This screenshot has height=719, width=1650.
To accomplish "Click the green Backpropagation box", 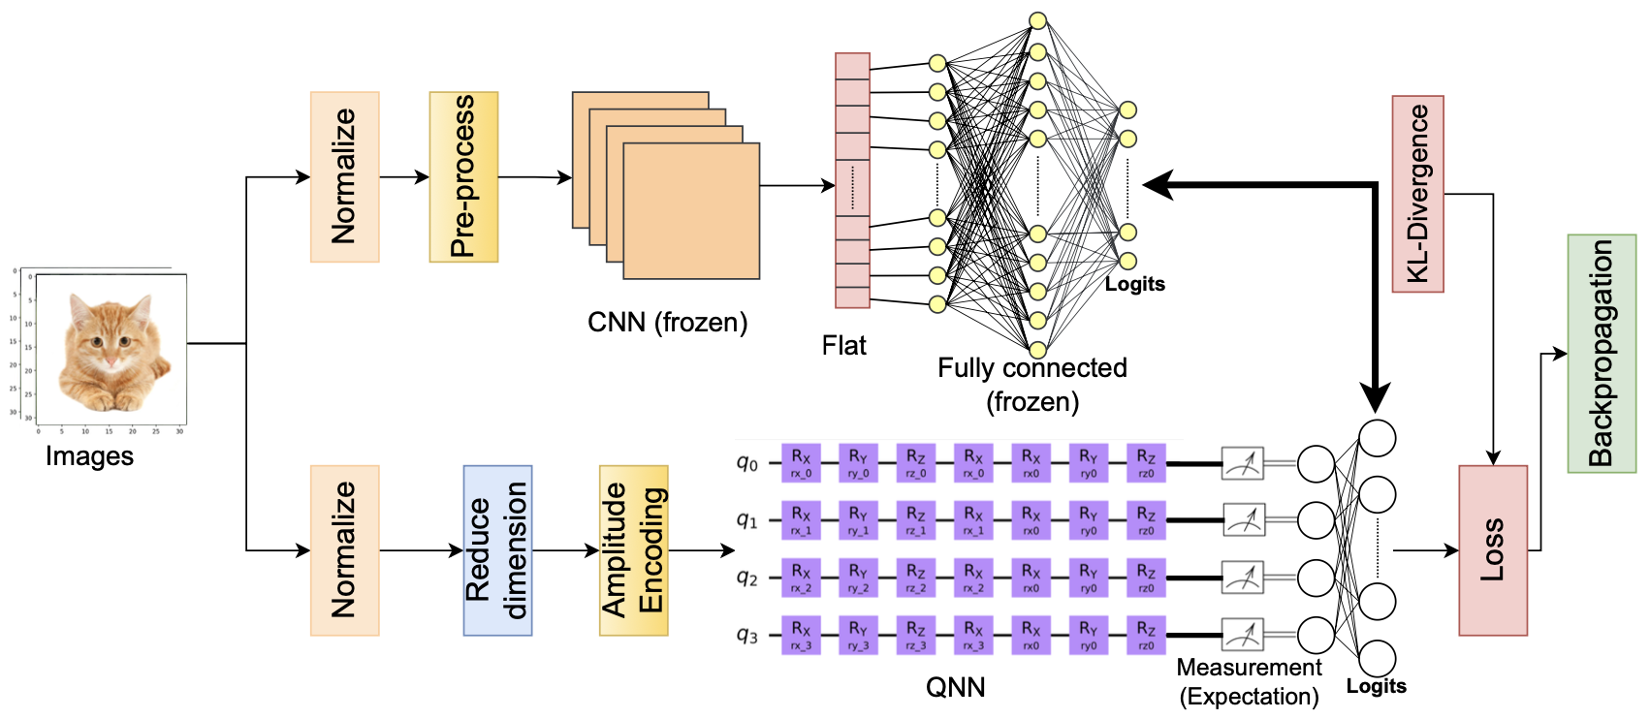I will click(x=1601, y=354).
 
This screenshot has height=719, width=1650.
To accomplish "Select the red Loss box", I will click(x=1492, y=550).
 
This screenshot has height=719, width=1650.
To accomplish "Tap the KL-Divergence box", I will click(x=1417, y=194).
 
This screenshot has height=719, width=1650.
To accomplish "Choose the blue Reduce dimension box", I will click(x=497, y=550).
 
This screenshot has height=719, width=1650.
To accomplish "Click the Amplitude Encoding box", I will click(x=633, y=550).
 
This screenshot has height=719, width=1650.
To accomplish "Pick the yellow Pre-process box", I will click(x=463, y=177).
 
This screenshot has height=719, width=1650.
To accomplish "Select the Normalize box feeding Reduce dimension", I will click(x=344, y=550).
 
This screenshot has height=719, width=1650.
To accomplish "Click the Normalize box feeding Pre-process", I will click(x=344, y=177).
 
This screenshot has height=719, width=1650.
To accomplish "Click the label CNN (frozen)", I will click(x=667, y=323).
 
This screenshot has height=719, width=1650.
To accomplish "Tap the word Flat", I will click(x=843, y=346).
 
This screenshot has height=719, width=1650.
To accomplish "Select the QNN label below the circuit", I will click(x=955, y=688).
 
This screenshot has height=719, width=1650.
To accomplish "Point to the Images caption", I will click(x=89, y=456).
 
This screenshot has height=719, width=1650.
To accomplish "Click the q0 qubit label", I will click(x=746, y=463).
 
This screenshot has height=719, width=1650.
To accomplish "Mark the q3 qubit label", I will click(x=746, y=636).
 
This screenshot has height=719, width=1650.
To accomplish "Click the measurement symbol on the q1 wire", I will click(x=1242, y=520).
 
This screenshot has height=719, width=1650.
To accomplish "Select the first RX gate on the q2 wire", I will click(x=801, y=578).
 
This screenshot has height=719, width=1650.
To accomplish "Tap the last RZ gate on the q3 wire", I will click(x=1146, y=636).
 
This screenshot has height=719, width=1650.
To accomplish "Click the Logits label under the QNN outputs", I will click(x=1376, y=686).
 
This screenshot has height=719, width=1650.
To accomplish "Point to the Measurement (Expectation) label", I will click(x=1249, y=682).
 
